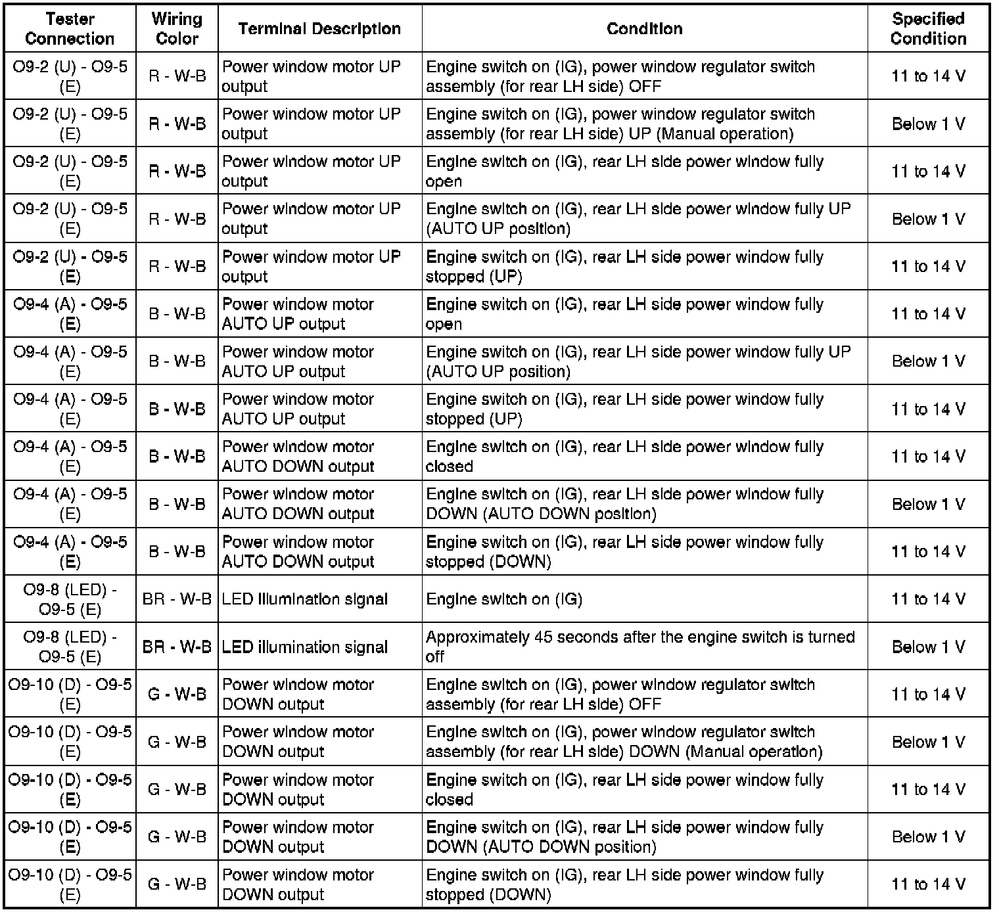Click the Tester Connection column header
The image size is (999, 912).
70,29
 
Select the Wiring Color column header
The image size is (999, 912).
177,29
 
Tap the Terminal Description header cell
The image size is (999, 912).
319,29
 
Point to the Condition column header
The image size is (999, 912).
644,29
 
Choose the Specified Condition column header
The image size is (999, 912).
928,29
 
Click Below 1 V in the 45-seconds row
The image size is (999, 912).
928,647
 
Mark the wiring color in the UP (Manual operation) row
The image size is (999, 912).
177,124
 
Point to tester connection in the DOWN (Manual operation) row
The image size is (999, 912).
70,742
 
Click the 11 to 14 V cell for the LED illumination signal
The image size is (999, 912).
928,599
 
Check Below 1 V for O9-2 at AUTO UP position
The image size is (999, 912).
928,219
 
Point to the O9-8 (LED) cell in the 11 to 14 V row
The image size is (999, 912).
70,599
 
